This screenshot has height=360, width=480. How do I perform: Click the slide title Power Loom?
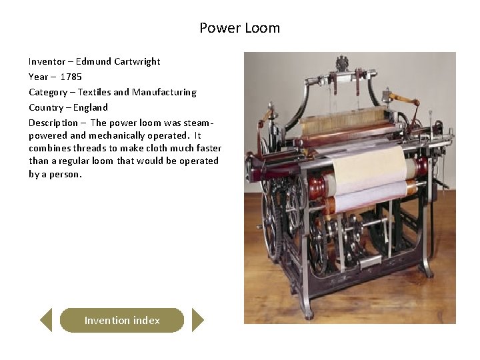(x=239, y=28)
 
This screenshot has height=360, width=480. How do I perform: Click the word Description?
(x=53, y=123)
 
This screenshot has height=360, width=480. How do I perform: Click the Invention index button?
(x=122, y=321)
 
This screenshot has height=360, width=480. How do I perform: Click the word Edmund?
(x=93, y=61)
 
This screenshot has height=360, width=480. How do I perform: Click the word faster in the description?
(x=208, y=148)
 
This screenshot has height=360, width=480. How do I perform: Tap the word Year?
(x=38, y=77)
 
